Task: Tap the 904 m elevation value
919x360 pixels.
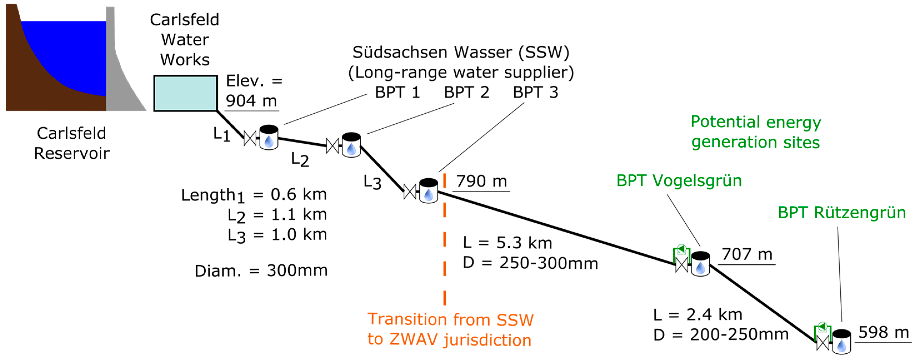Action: point(251,101)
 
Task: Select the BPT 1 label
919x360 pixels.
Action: point(397,92)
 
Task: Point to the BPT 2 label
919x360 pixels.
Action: point(466,92)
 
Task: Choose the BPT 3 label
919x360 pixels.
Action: point(535,92)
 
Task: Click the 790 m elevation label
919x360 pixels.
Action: point(481,181)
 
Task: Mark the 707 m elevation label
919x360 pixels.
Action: point(747,255)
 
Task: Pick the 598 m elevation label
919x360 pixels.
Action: point(883,332)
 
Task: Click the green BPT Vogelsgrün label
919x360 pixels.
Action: point(679,181)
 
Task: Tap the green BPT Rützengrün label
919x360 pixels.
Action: point(842,213)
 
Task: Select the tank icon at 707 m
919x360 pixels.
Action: point(700,264)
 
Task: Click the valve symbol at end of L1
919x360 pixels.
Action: point(250,138)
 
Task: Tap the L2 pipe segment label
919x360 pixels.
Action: point(300,159)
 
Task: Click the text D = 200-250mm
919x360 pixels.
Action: point(721,335)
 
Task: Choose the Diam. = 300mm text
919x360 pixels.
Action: point(261,271)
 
